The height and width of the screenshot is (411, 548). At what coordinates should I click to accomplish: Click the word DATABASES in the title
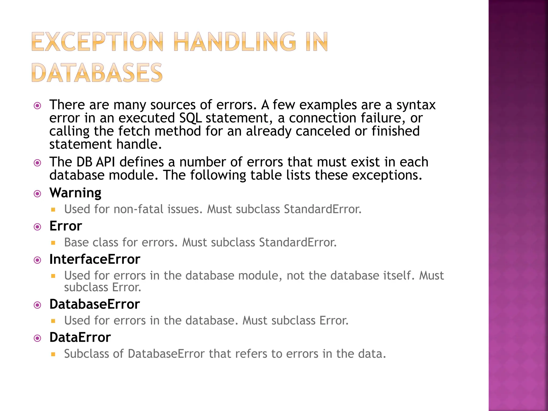click(x=97, y=73)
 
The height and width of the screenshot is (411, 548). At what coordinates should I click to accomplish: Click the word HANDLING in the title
click(x=235, y=42)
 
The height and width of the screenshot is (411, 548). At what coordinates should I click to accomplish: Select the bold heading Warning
click(x=75, y=193)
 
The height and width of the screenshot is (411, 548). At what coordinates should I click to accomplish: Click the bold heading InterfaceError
click(x=95, y=259)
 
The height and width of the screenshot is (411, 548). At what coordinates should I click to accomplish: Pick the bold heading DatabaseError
click(x=94, y=304)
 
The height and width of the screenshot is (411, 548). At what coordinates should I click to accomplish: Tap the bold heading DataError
click(x=80, y=337)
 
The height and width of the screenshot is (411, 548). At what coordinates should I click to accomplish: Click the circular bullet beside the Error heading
click(x=37, y=227)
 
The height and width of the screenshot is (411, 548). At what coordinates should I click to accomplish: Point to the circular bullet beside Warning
click(x=37, y=194)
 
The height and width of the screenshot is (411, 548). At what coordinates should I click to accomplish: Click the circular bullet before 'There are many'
click(x=37, y=106)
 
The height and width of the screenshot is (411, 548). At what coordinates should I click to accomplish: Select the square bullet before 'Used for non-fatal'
click(x=53, y=210)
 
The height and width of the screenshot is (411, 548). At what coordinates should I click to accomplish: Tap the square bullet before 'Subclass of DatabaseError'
click(x=53, y=355)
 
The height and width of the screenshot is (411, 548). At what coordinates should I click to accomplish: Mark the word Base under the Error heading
click(x=76, y=242)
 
